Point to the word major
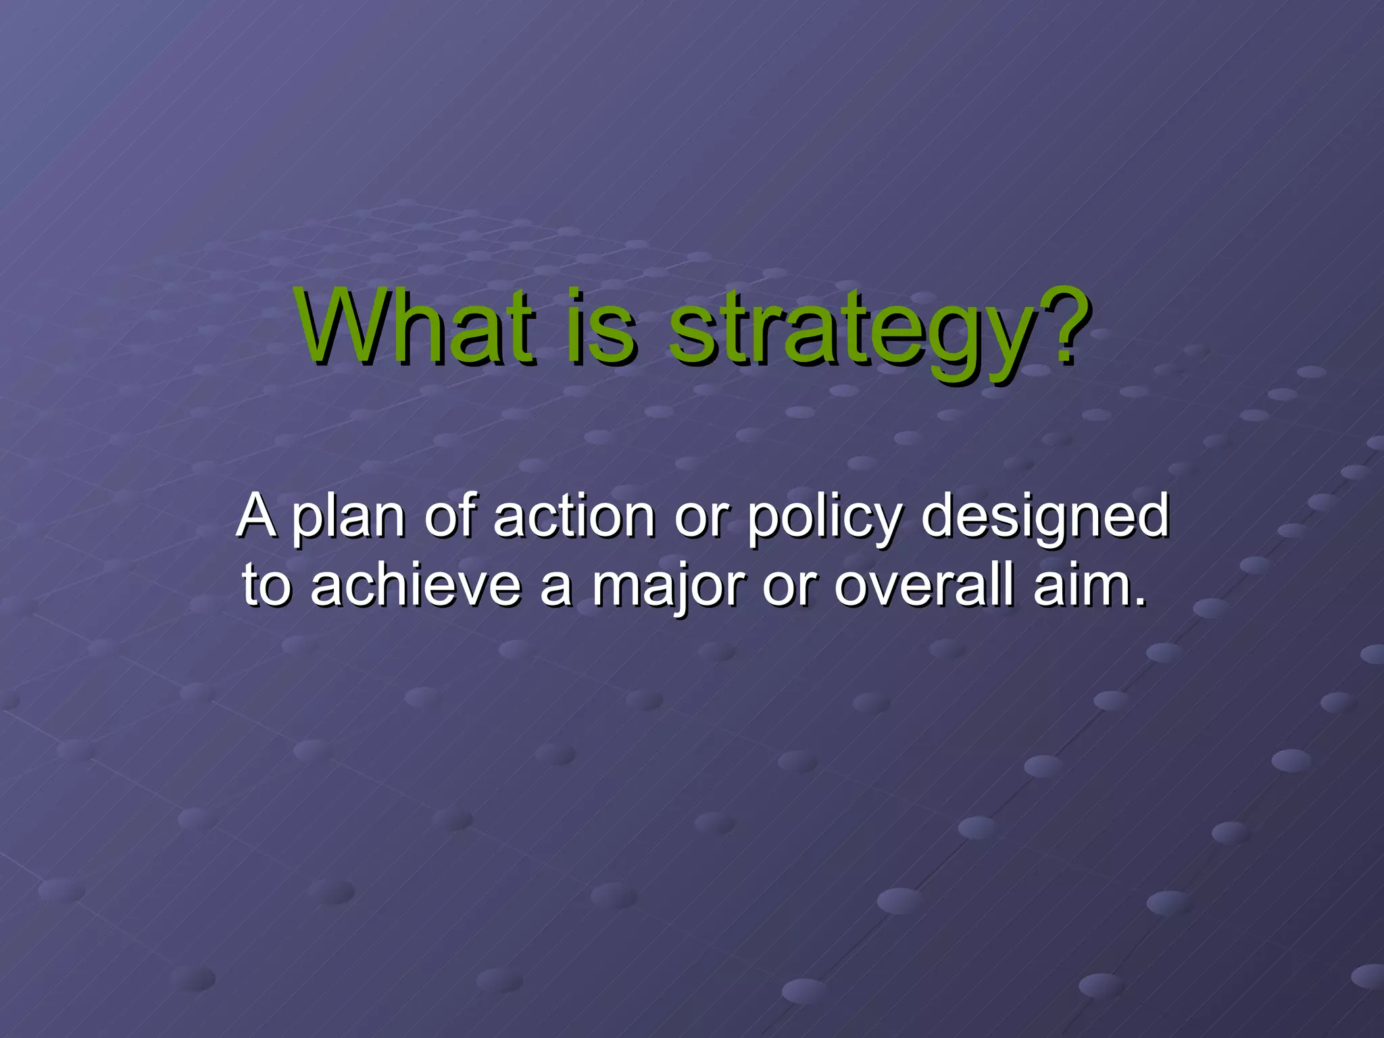pos(669,587)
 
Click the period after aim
pos(1140,601)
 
